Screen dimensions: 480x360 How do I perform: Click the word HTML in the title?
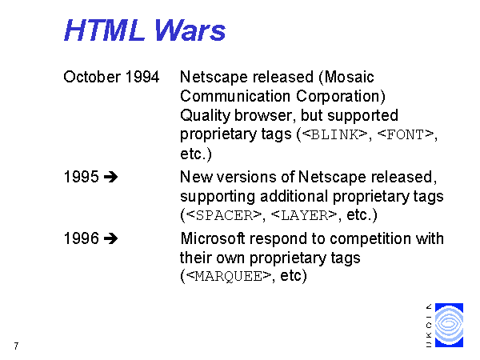click(104, 30)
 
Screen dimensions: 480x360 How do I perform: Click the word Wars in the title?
click(190, 30)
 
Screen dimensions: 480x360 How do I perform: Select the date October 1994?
click(111, 77)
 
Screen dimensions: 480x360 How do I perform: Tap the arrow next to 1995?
click(110, 177)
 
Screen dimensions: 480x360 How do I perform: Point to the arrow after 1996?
click(110, 238)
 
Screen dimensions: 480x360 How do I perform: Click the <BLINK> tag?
click(334, 134)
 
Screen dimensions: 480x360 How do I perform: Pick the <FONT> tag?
click(406, 134)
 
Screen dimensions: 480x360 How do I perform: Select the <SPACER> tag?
click(224, 215)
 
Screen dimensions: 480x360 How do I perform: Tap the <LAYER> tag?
click(304, 215)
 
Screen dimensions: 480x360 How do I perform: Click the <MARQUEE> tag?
click(229, 276)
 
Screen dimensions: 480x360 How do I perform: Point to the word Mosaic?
click(350, 77)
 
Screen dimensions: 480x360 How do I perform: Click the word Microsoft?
click(213, 238)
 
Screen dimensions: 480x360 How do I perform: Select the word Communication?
click(235, 96)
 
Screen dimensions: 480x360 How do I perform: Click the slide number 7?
click(16, 346)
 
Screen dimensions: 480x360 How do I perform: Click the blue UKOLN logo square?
click(449, 325)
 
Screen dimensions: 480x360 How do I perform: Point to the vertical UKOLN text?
click(429, 325)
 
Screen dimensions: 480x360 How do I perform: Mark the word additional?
click(294, 196)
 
